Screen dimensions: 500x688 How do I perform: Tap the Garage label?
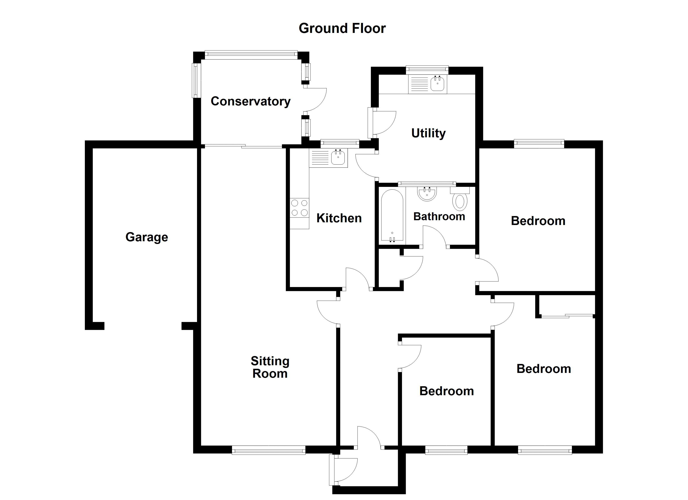[x=147, y=237]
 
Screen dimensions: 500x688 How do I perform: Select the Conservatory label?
[x=251, y=101]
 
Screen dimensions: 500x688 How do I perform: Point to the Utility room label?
[x=428, y=133]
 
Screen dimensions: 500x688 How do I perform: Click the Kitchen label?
[x=339, y=218]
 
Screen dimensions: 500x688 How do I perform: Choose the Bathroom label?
[x=439, y=216]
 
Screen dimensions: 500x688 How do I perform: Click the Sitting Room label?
[x=270, y=367]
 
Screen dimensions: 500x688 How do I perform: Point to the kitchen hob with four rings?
[x=299, y=208]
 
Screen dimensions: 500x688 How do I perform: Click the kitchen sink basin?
[x=338, y=157]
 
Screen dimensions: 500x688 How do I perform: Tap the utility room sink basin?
[x=437, y=83]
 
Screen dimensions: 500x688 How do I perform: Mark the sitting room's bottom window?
[x=269, y=450]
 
